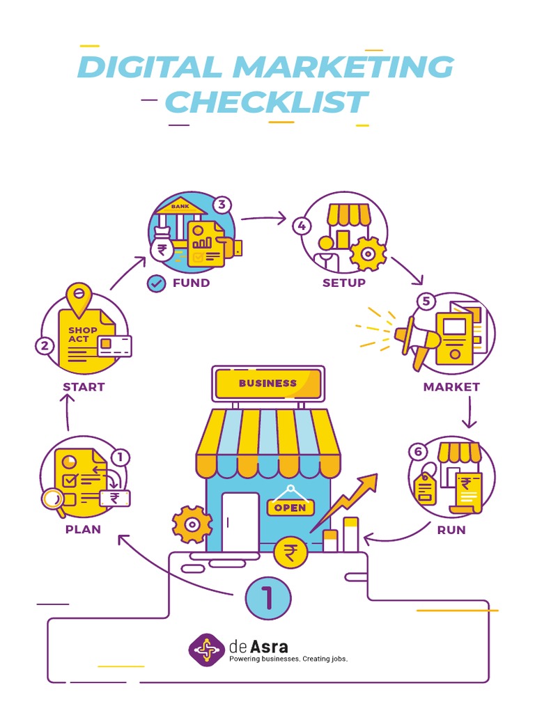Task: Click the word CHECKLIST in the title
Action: (x=265, y=102)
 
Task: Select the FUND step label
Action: (x=191, y=283)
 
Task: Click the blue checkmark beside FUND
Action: (x=157, y=283)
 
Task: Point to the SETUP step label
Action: (x=344, y=283)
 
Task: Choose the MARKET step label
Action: (x=451, y=386)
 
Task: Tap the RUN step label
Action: (x=451, y=530)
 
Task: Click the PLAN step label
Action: (x=83, y=529)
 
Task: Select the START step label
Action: (x=84, y=386)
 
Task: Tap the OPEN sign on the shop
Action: (x=290, y=507)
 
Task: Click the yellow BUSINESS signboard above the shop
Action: (x=268, y=383)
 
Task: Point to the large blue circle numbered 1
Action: (x=267, y=597)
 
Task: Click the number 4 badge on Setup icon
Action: (x=301, y=226)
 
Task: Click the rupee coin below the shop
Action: (x=289, y=554)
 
